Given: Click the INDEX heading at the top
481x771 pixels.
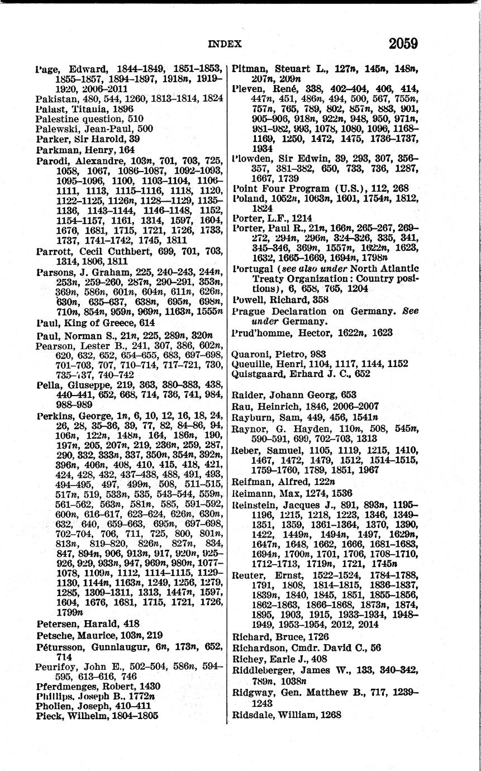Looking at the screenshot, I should pos(225,44).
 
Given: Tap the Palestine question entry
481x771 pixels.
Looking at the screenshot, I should pos(89,118).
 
